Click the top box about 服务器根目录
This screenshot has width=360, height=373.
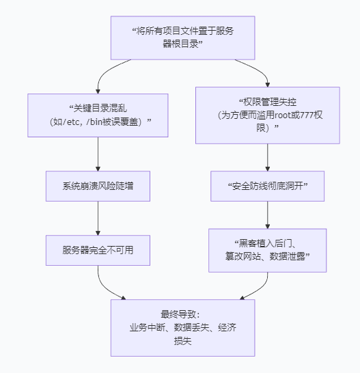click(183, 38)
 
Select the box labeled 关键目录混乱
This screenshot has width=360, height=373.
click(98, 115)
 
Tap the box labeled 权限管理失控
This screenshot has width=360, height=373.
click(268, 115)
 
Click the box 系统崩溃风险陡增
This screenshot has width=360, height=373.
click(98, 186)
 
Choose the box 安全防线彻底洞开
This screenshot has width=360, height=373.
click(268, 186)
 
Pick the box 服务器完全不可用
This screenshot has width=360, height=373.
click(98, 250)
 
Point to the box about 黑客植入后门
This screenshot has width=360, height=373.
click(268, 250)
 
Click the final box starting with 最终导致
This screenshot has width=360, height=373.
click(183, 328)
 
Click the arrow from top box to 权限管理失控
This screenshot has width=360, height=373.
click(260, 70)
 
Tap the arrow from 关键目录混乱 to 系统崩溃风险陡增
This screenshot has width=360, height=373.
click(98, 154)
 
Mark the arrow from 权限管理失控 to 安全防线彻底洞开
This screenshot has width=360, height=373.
click(268, 157)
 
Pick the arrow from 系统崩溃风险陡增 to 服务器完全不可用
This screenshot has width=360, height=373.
click(98, 218)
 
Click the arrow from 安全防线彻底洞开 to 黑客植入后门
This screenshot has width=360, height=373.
click(268, 215)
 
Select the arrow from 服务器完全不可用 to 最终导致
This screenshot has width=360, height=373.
click(104, 288)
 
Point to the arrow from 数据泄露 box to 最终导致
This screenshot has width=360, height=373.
click(261, 288)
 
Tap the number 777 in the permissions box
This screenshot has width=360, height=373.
click(307, 115)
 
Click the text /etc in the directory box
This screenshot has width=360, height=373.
click(71, 122)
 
